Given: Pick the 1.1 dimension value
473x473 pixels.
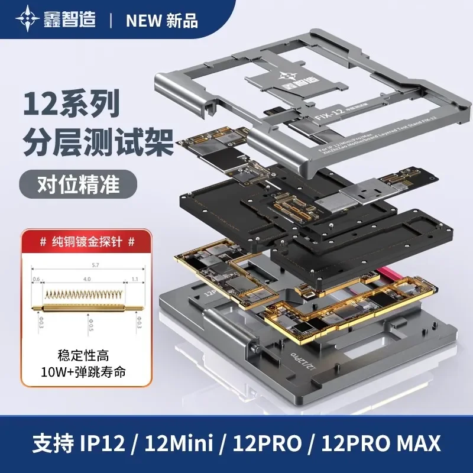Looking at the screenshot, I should pos(135,279).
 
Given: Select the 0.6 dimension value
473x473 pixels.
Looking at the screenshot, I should pos(37,279).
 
